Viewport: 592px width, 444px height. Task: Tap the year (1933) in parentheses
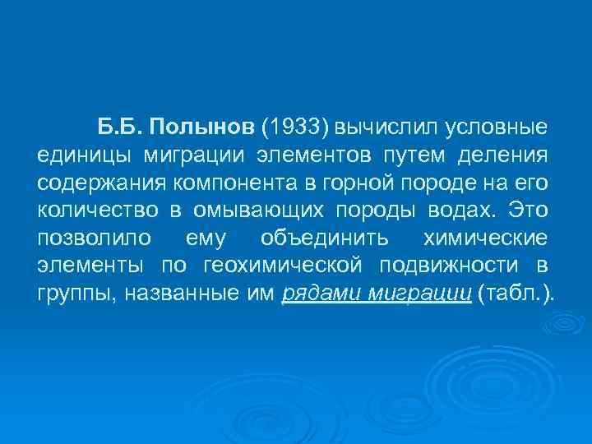coord(295,127)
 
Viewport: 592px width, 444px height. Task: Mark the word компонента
coord(217,182)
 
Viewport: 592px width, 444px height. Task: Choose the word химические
coord(483,238)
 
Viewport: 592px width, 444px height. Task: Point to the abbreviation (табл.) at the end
coord(520,293)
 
